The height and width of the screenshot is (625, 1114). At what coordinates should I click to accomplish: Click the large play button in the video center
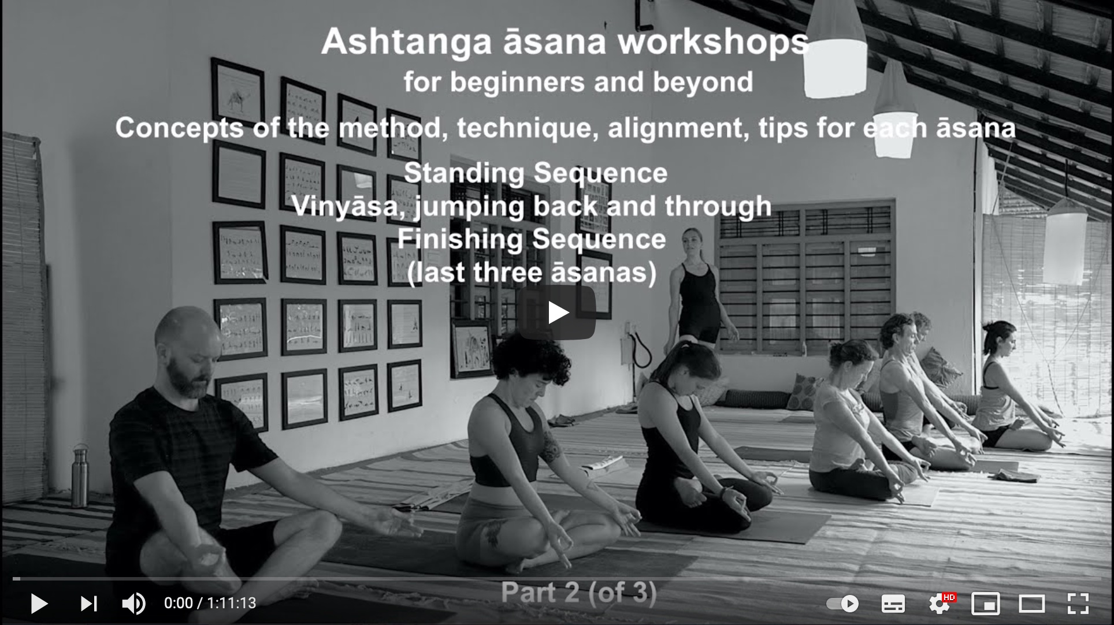click(x=556, y=312)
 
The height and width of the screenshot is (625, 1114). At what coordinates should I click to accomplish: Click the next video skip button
click(x=88, y=604)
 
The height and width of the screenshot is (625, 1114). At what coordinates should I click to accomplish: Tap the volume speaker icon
click(x=133, y=604)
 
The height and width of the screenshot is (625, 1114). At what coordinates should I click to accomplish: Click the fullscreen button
click(x=1078, y=604)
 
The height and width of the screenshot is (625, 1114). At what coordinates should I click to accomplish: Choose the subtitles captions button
click(x=893, y=604)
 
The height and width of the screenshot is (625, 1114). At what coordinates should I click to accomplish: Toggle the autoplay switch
click(x=842, y=604)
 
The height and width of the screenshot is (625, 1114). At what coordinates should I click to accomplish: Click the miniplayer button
click(x=985, y=604)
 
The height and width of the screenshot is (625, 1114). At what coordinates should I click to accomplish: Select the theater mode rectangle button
click(x=1031, y=604)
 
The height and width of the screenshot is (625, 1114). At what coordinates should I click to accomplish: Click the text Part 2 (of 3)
click(x=578, y=593)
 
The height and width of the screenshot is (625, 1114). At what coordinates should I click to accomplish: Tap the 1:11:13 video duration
click(x=232, y=604)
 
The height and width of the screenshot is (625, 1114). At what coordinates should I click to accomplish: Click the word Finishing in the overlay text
click(x=459, y=240)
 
